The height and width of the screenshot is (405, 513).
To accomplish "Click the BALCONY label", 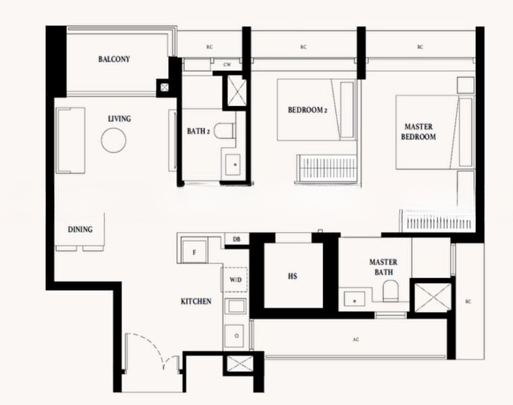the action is click(x=114, y=59).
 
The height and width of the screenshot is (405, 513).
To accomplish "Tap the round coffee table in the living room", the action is click(x=114, y=140).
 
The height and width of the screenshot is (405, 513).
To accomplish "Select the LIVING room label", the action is click(x=120, y=119).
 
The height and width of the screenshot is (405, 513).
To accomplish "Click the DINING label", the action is click(x=80, y=230).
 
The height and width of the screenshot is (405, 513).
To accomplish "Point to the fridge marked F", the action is click(x=195, y=252).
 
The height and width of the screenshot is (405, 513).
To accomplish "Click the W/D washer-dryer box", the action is click(x=235, y=279).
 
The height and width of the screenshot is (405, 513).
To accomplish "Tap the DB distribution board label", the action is click(x=237, y=240).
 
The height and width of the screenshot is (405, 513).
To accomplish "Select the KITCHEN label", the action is click(x=196, y=301).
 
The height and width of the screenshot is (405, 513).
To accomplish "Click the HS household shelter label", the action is click(x=293, y=276).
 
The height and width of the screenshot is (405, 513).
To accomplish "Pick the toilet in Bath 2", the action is click(x=226, y=131).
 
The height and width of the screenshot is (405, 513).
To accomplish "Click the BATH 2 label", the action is click(x=198, y=132).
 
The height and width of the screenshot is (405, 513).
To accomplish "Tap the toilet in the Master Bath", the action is click(x=391, y=291).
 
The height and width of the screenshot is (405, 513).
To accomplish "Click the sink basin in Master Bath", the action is click(x=355, y=299).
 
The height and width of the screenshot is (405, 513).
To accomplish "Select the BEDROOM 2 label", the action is click(x=308, y=110).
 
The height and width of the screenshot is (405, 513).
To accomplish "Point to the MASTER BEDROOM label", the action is click(x=418, y=132).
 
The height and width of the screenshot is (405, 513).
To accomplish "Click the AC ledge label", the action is click(x=356, y=340).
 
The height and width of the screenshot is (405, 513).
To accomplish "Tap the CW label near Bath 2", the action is click(x=227, y=65).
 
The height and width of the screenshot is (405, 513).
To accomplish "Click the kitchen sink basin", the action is click(x=235, y=335).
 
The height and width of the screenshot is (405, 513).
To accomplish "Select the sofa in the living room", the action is click(x=70, y=140).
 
